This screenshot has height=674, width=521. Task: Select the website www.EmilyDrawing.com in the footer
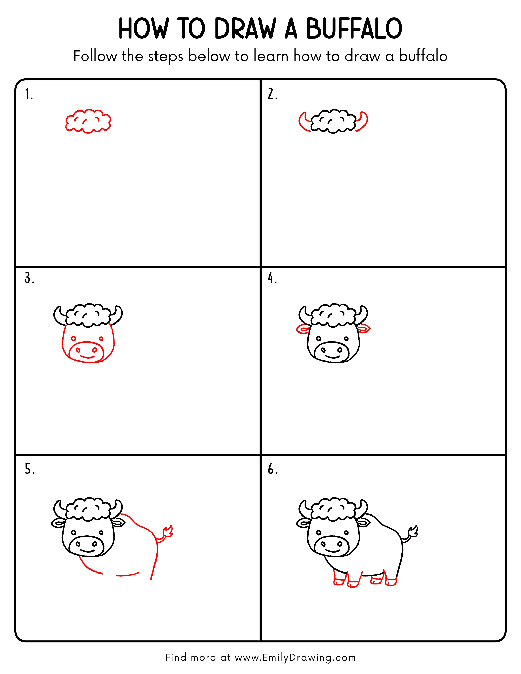(295, 657)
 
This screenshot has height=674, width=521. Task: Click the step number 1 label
(29, 94)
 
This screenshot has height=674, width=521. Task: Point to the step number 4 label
(272, 278)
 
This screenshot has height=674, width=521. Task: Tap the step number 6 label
(272, 469)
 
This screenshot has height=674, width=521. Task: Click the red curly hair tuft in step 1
(88, 121)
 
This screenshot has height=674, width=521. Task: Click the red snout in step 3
(86, 352)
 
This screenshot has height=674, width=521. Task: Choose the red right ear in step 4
(364, 329)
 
